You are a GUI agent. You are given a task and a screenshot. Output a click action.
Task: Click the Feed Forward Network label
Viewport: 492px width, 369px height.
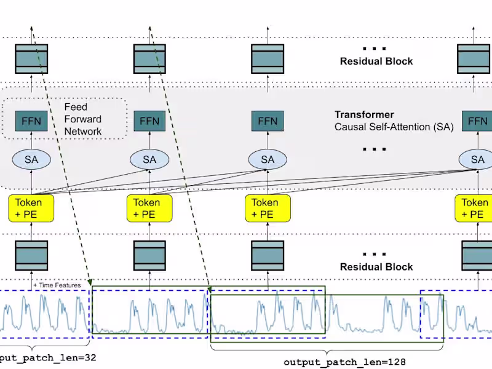(83, 119)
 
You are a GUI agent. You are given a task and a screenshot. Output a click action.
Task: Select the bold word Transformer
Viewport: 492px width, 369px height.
(364, 115)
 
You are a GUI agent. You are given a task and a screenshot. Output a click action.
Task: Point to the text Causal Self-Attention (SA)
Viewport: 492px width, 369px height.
(394, 127)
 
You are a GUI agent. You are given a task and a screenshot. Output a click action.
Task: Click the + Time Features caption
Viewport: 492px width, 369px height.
(57, 285)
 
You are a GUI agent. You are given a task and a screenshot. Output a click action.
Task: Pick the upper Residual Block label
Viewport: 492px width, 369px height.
(376, 61)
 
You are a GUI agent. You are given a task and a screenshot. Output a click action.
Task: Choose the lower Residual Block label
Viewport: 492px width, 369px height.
(376, 267)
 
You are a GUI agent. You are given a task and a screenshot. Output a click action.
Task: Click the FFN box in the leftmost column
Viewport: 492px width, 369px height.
(31, 121)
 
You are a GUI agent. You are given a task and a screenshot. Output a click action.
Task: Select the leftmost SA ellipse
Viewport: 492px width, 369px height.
(31, 160)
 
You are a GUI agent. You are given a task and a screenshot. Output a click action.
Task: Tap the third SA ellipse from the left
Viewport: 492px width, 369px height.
(268, 160)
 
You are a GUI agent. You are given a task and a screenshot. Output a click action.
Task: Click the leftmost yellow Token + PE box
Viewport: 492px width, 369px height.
(31, 208)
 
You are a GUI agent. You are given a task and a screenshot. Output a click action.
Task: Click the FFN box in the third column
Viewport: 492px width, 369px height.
(268, 121)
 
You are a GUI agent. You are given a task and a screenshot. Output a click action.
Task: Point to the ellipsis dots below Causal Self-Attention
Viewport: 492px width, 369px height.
(375, 149)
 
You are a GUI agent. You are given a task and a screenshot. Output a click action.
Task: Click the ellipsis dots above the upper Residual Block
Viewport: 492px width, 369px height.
(375, 48)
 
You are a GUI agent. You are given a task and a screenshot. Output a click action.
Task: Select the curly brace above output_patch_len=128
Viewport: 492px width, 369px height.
(327, 349)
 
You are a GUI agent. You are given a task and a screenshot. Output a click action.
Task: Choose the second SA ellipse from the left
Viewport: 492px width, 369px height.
(149, 160)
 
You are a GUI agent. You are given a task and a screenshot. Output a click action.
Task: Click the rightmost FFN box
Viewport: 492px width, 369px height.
(477, 121)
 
